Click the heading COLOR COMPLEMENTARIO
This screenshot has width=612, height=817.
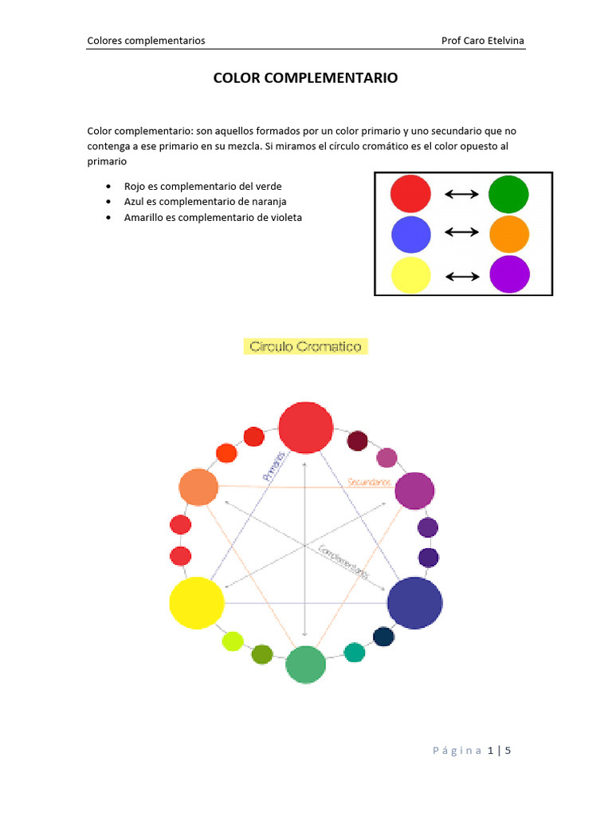305,78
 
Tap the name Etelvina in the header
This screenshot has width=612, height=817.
504,41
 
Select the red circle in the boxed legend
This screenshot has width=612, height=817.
410,194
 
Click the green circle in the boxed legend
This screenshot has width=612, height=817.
508,194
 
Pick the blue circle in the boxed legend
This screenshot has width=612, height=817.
411,235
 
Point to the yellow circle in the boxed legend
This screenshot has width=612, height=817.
411,276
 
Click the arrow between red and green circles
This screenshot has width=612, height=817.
461,194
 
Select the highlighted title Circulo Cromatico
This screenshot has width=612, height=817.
305,346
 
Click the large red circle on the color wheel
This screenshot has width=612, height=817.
305,428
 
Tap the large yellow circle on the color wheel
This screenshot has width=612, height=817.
197,603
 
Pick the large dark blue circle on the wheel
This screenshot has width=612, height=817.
414,603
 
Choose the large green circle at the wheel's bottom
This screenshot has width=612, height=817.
306,665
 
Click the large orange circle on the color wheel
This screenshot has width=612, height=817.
198,487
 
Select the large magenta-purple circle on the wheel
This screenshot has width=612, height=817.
414,491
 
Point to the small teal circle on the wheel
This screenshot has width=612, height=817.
354,652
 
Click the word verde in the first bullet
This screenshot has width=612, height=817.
268,186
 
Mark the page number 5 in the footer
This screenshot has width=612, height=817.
507,750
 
